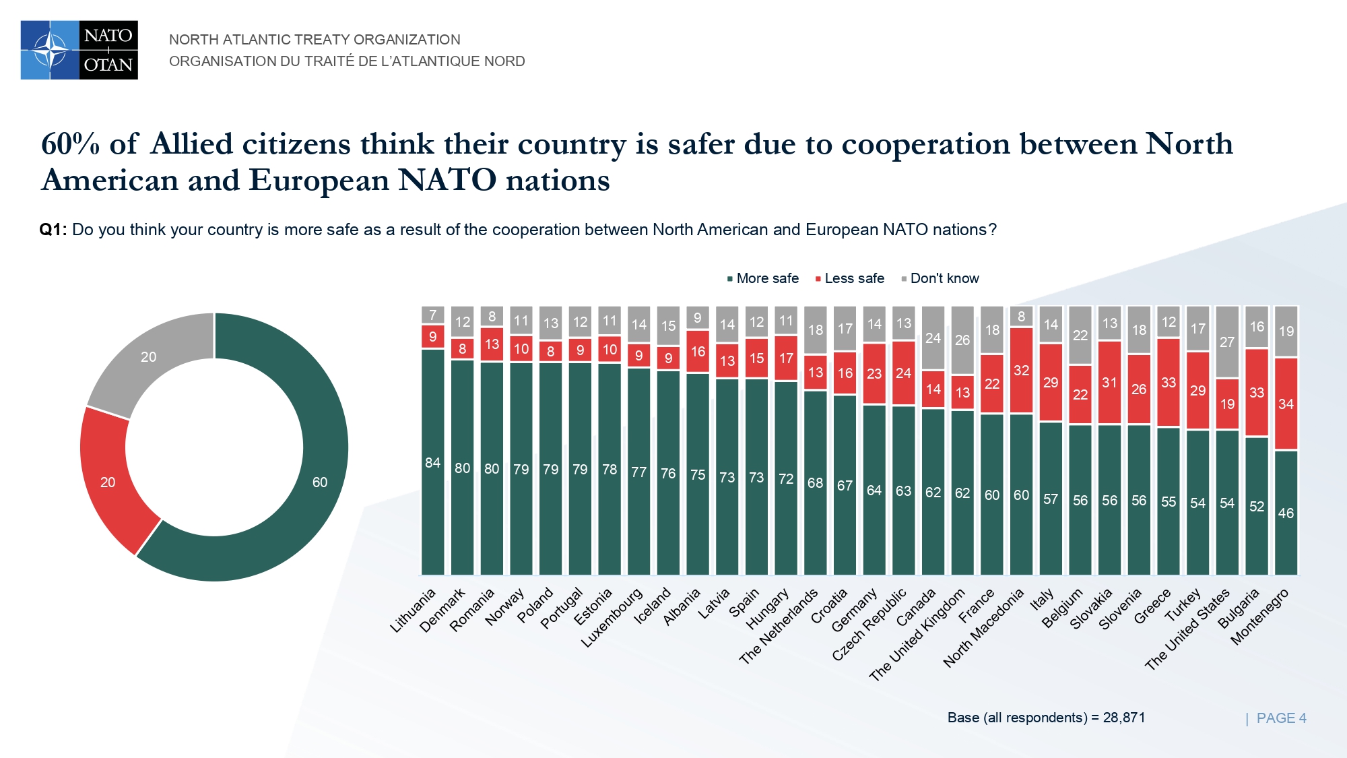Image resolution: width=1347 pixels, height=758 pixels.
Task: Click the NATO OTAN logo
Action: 79,50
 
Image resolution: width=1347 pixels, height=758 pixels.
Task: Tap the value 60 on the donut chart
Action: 320,482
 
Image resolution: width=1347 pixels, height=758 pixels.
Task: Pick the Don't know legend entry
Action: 940,278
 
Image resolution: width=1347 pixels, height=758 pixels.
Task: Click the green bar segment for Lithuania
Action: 433,462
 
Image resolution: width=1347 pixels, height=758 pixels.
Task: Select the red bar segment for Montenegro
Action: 1286,404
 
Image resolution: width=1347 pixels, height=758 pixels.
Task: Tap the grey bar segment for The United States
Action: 1227,342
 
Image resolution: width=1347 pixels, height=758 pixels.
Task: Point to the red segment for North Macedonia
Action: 1021,370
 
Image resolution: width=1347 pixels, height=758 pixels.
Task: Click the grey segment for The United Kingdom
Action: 962,340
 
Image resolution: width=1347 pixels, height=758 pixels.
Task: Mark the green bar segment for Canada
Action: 933,492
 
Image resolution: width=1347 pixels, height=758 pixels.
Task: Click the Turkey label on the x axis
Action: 1184,604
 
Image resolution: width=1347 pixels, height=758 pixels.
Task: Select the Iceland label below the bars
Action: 653,605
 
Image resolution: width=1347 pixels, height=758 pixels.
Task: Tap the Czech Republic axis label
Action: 869,624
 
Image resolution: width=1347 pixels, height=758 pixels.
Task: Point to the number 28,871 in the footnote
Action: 1124,718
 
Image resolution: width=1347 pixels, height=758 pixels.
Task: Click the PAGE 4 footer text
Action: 1281,718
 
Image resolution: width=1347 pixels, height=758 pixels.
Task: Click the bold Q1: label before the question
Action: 53,230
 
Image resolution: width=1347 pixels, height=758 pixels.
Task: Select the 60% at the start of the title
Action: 70,144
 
